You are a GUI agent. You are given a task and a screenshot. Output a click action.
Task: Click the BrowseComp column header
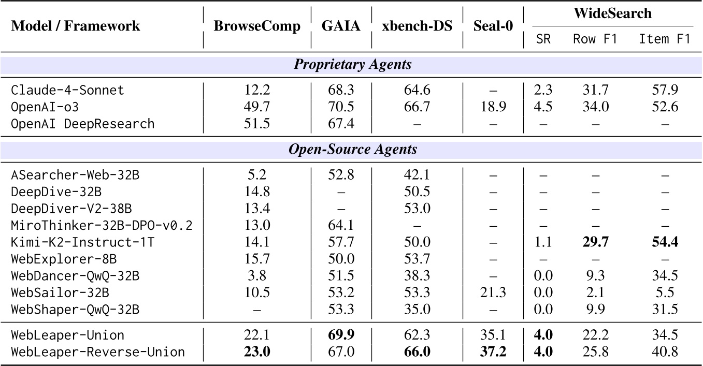click(x=257, y=27)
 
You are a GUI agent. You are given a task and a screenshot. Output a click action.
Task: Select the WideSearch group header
click(x=612, y=13)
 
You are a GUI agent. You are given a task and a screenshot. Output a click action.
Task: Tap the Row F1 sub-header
click(x=595, y=39)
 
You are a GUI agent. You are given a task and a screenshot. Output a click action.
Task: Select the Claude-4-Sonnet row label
click(x=68, y=90)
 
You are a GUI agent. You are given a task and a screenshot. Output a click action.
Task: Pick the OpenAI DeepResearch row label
click(x=83, y=124)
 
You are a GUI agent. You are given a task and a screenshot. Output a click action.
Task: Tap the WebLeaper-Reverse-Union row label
click(x=98, y=352)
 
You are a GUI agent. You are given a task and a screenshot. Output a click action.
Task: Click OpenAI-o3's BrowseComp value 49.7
click(x=257, y=107)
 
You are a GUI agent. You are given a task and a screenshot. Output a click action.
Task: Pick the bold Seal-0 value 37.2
click(x=493, y=352)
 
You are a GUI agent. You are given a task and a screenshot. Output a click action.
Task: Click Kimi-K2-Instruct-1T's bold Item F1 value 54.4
click(x=665, y=242)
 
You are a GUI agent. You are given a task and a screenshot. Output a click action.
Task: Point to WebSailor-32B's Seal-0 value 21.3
click(x=493, y=293)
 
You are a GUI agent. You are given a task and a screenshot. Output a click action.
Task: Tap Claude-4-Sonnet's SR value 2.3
click(x=543, y=90)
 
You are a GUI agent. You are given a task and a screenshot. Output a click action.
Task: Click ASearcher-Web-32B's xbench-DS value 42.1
click(x=418, y=174)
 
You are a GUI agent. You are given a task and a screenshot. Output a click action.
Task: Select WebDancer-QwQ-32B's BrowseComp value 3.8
click(x=257, y=276)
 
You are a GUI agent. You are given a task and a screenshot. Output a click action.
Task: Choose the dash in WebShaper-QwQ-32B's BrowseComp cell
click(x=257, y=310)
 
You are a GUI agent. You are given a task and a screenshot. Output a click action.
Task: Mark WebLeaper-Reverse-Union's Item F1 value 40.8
click(x=665, y=352)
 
